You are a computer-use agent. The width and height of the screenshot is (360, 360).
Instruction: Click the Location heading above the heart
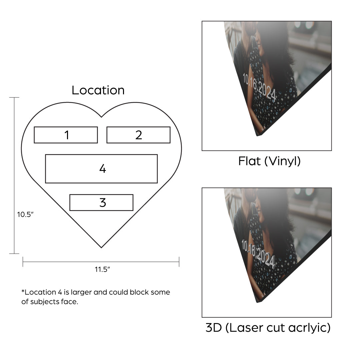pos(98,90)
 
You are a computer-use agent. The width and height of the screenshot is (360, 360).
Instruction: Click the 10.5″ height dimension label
pos(25,214)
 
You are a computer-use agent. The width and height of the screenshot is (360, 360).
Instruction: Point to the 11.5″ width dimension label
pos(102,269)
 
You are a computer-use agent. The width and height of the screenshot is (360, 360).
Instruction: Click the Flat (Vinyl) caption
pos(269,161)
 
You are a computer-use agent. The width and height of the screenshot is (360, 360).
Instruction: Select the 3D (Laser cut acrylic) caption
pos(268,328)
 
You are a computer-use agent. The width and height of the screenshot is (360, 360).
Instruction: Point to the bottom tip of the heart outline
pos(101,248)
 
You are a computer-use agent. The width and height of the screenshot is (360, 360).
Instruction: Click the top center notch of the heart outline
pos(101,117)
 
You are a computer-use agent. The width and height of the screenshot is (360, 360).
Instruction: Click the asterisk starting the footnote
pos(23,291)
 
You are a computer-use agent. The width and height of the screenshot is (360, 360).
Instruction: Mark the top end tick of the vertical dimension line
pos(14,97)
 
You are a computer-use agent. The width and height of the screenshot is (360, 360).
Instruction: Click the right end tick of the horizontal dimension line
pos(179,262)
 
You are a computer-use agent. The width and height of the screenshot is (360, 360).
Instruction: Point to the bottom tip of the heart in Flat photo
pos(257,135)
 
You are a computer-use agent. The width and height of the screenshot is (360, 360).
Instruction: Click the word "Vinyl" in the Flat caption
pos(283,161)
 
